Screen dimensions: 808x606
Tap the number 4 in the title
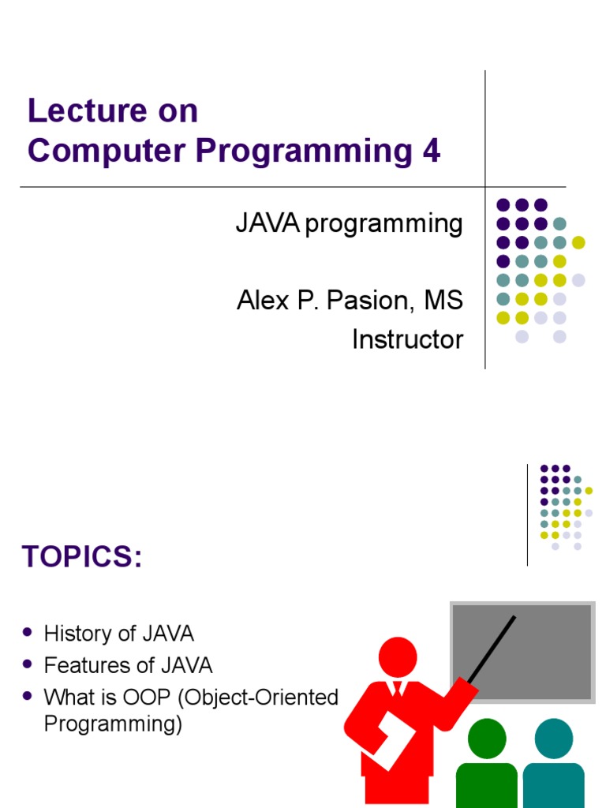click(431, 151)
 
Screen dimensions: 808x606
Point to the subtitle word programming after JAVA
click(383, 224)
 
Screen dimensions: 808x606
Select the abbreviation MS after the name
click(443, 301)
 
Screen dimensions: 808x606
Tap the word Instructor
click(407, 339)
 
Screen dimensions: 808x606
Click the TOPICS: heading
click(82, 557)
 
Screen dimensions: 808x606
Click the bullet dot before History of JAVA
click(28, 633)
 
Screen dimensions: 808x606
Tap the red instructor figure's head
click(397, 656)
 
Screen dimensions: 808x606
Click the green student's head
click(487, 738)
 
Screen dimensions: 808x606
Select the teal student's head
click(554, 738)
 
